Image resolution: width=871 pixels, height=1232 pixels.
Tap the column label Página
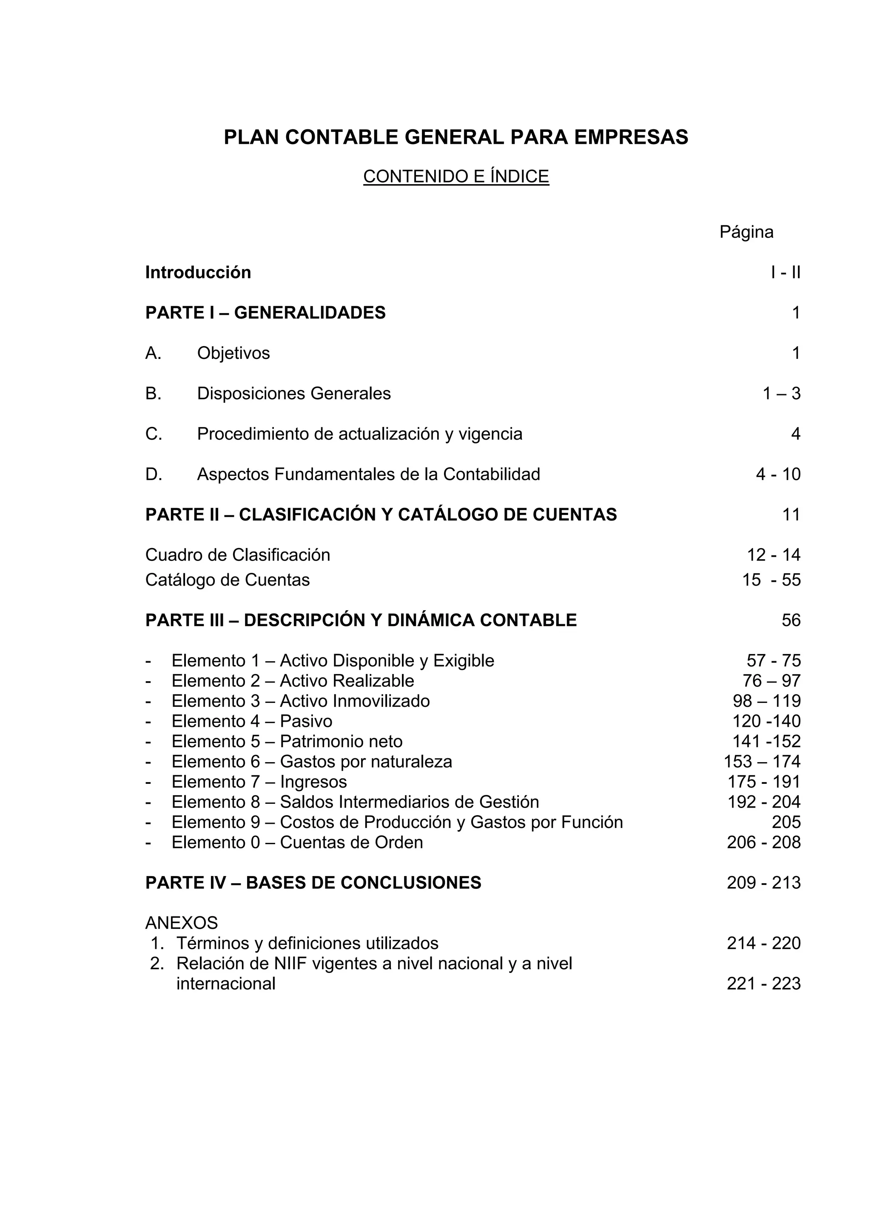pos(746,232)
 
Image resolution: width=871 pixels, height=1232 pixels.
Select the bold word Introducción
pos(198,273)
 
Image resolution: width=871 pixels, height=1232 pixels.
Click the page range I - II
pos(785,273)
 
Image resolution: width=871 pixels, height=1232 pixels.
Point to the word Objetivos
pos(233,353)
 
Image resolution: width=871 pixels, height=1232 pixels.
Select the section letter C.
pos(154,434)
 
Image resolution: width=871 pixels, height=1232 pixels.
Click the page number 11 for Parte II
pos(791,515)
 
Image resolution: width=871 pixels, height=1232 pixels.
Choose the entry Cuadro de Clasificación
pos(238,555)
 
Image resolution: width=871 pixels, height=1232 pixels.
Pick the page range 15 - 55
pos(771,580)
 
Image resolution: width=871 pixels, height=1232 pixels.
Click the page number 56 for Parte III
pos(791,620)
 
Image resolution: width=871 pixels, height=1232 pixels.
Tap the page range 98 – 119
pos(766,701)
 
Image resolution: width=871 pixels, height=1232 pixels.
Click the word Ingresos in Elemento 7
pos(313,782)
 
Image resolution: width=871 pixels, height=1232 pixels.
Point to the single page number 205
pos(786,822)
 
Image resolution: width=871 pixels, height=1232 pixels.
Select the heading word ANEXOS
pos(182,923)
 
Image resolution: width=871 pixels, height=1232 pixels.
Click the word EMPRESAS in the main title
pos(631,137)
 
